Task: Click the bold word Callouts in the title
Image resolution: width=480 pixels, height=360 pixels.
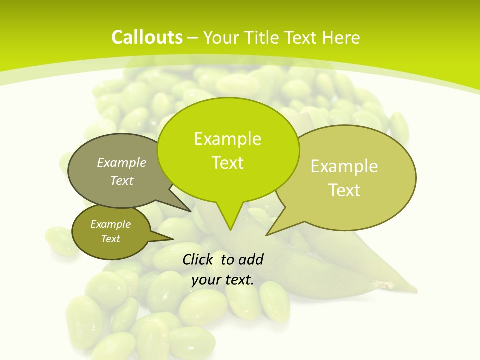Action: [x=147, y=37]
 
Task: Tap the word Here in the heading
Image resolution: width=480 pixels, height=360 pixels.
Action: [x=342, y=37]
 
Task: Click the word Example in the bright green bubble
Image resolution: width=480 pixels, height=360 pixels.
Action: [x=227, y=139]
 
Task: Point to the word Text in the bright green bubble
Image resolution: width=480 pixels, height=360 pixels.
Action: [x=227, y=163]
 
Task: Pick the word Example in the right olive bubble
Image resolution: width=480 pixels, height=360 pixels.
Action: [x=344, y=166]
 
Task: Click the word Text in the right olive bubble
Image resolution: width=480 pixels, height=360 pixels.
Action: [x=344, y=190]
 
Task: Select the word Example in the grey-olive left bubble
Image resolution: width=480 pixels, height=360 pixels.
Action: [x=122, y=162]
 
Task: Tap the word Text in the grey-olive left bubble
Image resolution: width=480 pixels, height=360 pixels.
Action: [x=122, y=180]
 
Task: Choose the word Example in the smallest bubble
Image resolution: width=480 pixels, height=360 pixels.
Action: [x=110, y=224]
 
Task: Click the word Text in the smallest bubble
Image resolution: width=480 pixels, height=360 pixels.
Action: [x=110, y=239]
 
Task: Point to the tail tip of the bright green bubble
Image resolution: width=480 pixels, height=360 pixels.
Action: [x=230, y=230]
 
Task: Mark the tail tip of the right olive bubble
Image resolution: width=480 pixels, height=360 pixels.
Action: [x=266, y=235]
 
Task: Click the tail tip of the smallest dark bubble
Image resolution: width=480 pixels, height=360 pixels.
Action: [x=173, y=239]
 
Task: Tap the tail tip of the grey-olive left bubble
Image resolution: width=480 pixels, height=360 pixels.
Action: [x=191, y=212]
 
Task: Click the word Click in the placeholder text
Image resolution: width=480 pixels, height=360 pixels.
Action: [x=198, y=259]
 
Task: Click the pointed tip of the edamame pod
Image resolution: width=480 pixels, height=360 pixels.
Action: [x=416, y=290]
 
